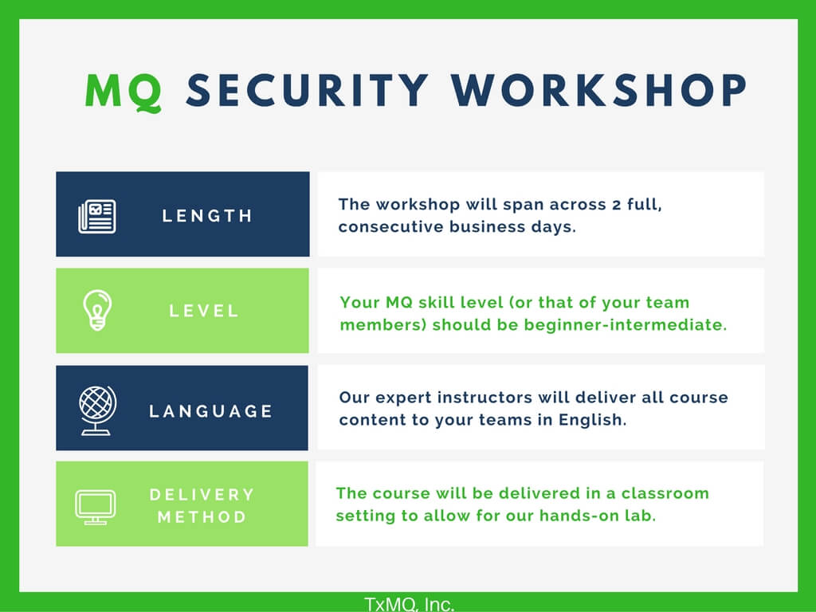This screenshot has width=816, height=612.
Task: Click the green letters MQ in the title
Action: (x=124, y=92)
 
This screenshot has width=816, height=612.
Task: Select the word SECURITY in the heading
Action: (x=308, y=90)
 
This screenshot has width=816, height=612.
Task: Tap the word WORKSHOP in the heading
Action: (x=599, y=90)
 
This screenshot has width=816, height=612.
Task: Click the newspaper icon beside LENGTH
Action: (x=96, y=216)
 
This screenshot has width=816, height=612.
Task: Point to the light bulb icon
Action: (x=97, y=310)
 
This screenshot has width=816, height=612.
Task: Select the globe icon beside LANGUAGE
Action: (x=97, y=410)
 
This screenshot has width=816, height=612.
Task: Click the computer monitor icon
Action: (x=96, y=507)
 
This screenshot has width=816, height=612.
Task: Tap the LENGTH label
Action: (x=207, y=215)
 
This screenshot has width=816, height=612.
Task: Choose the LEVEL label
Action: (x=203, y=312)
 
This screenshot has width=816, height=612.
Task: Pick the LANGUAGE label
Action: (x=210, y=411)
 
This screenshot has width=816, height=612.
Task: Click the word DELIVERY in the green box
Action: (x=202, y=494)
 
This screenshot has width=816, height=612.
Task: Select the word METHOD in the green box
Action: (x=202, y=516)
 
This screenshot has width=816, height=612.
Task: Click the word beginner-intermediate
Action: (x=625, y=324)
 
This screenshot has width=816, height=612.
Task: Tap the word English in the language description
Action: (x=592, y=420)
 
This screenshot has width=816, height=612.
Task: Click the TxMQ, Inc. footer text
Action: (x=409, y=604)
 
